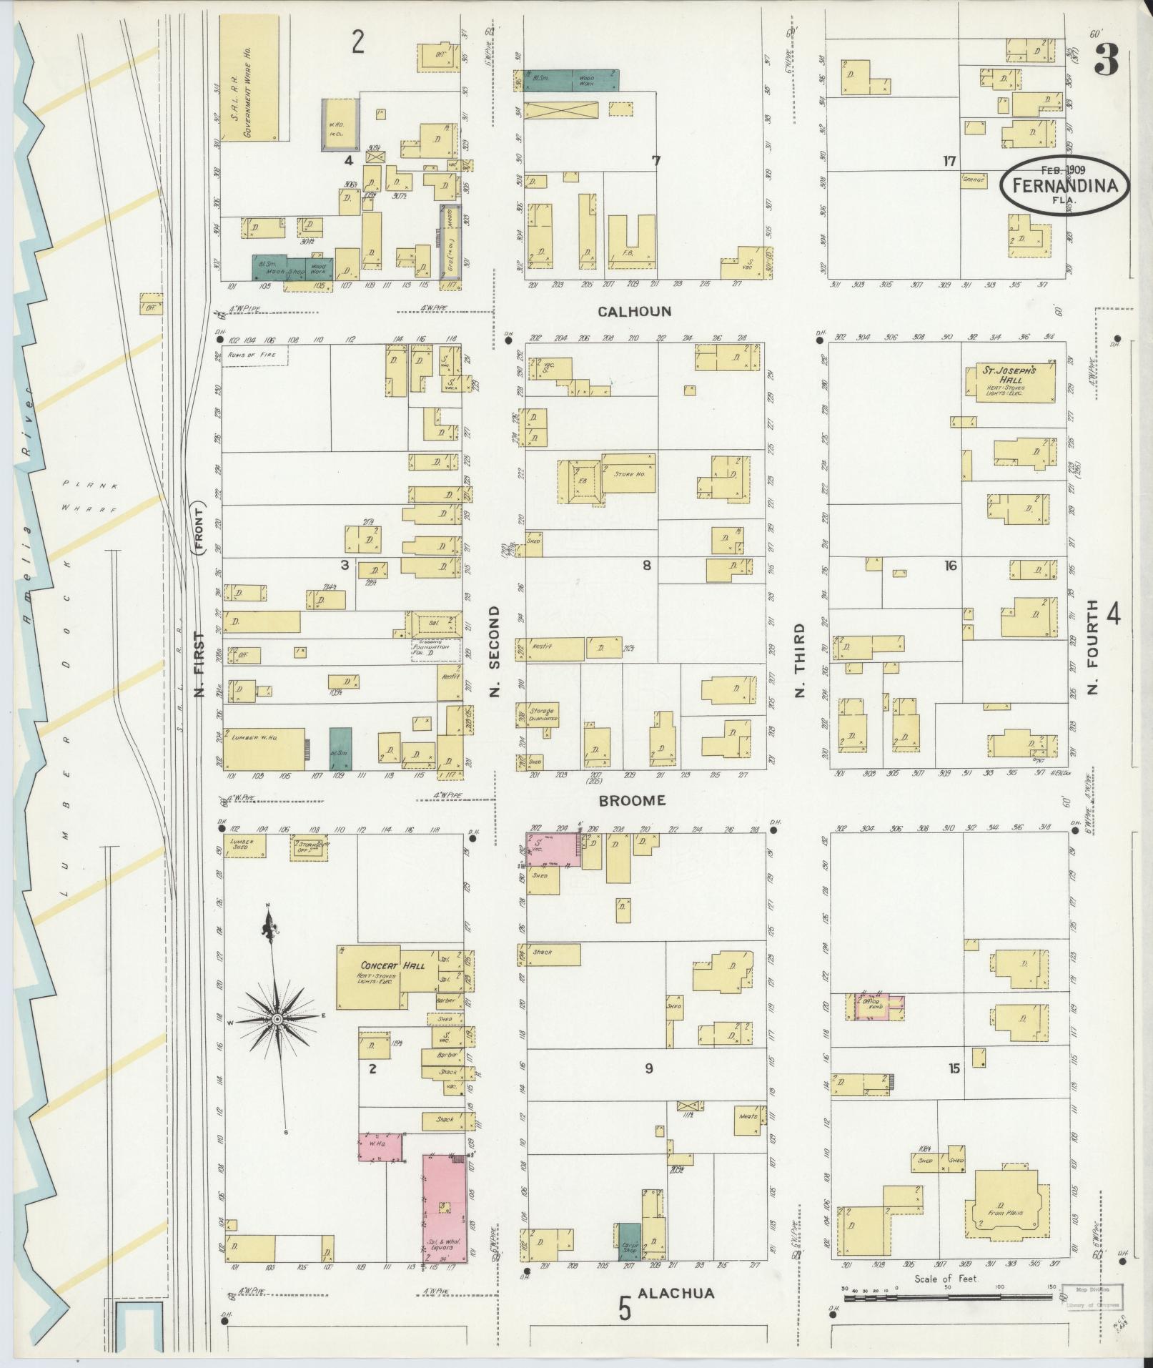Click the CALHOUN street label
tap(635, 312)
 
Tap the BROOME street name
tap(632, 800)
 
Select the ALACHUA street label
tap(676, 1293)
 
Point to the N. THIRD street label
tap(799, 660)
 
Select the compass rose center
tap(277, 1018)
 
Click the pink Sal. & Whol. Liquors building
tap(445, 1208)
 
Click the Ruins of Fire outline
tap(254, 355)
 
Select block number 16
tap(949, 566)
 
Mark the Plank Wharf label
tap(90, 496)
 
